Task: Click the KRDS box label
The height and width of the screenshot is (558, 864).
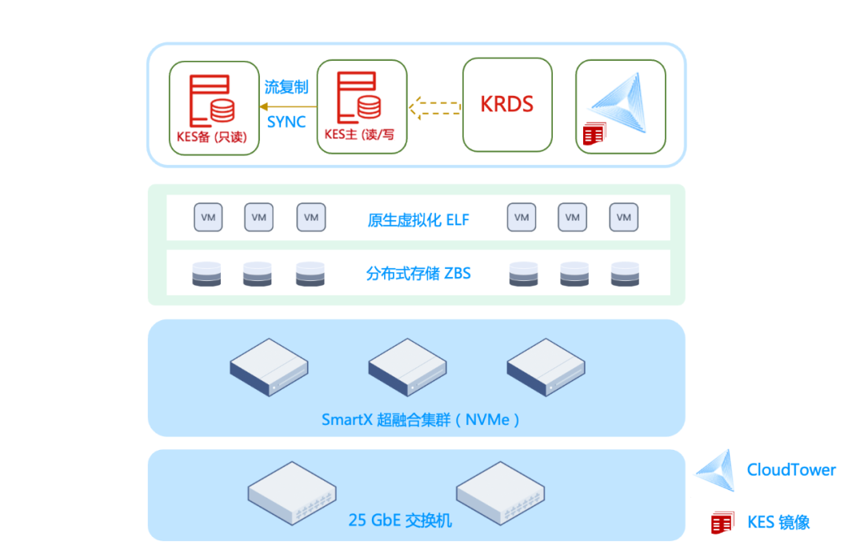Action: [x=507, y=103]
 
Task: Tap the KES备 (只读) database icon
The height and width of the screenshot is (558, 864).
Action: [x=212, y=101]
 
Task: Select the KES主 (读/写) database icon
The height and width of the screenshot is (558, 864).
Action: [x=359, y=97]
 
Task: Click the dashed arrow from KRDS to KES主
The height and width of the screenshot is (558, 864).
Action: [x=434, y=107]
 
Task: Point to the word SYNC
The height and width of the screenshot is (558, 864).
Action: [x=286, y=122]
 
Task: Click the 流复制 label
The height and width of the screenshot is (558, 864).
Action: [x=286, y=86]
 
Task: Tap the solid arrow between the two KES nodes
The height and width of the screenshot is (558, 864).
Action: [x=288, y=106]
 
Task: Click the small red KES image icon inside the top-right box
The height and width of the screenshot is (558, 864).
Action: [x=594, y=134]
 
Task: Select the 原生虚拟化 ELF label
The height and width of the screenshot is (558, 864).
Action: [x=418, y=220]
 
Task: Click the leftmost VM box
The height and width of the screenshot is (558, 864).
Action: [x=208, y=217]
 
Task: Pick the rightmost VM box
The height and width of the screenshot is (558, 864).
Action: [x=624, y=217]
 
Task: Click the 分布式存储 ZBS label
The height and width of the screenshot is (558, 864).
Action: [x=418, y=274]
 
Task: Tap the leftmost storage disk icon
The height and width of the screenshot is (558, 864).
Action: [x=206, y=274]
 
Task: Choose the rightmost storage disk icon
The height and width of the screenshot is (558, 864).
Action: [x=625, y=274]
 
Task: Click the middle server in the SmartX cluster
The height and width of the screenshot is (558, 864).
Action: [x=407, y=367]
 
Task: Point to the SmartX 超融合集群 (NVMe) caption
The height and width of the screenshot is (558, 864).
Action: [x=421, y=420]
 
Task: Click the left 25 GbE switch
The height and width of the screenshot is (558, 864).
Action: [x=292, y=493]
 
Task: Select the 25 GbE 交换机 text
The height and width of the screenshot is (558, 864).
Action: [x=400, y=520]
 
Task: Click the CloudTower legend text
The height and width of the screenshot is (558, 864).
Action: [x=791, y=470]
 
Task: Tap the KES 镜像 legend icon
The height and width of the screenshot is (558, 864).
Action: [x=722, y=523]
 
